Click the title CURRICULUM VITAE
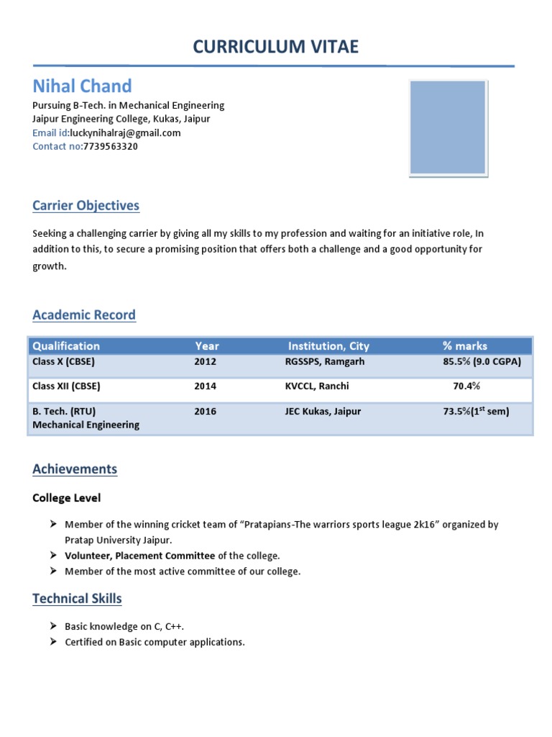(x=275, y=48)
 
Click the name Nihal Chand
(x=82, y=86)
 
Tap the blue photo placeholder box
(x=447, y=127)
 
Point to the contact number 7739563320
(x=111, y=146)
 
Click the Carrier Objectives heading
(x=86, y=206)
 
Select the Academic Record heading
(x=83, y=315)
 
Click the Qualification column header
(x=66, y=346)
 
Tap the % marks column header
(x=464, y=346)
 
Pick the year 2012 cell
(x=205, y=362)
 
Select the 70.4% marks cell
(x=466, y=386)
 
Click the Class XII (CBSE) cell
(x=66, y=386)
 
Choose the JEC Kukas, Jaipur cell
(x=323, y=412)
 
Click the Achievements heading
(x=75, y=469)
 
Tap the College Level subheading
(x=67, y=498)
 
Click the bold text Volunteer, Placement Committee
(x=139, y=556)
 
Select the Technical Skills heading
(x=77, y=599)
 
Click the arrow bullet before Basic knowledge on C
(x=53, y=627)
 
